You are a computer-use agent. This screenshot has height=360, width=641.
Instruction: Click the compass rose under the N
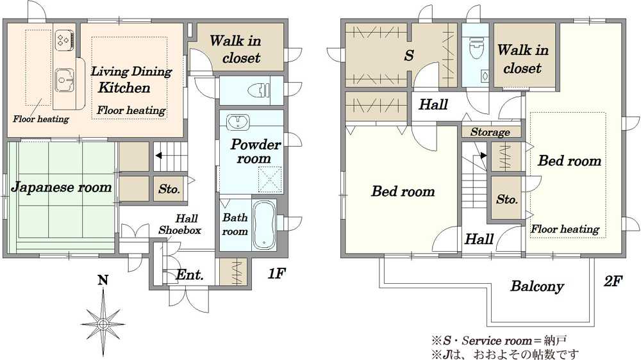click(103, 324)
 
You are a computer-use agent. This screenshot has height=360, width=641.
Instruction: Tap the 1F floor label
click(276, 273)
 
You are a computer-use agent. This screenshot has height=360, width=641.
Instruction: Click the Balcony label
click(537, 286)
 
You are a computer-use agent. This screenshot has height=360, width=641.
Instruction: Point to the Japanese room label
click(62, 187)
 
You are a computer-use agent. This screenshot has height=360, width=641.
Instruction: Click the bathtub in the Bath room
click(263, 225)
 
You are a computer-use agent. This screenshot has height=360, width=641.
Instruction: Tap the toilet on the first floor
click(259, 90)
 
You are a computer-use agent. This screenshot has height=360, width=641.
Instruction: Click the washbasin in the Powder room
click(238, 121)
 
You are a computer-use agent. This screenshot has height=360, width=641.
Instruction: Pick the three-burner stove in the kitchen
click(64, 40)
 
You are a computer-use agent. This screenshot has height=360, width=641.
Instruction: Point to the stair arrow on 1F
click(158, 155)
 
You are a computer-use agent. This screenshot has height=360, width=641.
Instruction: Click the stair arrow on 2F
click(483, 155)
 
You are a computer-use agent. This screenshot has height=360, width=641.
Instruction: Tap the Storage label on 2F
click(490, 132)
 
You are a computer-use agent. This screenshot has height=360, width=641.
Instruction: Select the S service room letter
click(409, 55)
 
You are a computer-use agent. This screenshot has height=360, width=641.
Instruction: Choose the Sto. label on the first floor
click(169, 189)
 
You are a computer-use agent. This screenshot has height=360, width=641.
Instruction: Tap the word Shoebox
click(180, 231)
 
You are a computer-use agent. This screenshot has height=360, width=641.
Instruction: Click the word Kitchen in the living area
click(124, 88)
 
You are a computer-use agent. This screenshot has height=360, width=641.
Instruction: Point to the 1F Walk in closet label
click(237, 49)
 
